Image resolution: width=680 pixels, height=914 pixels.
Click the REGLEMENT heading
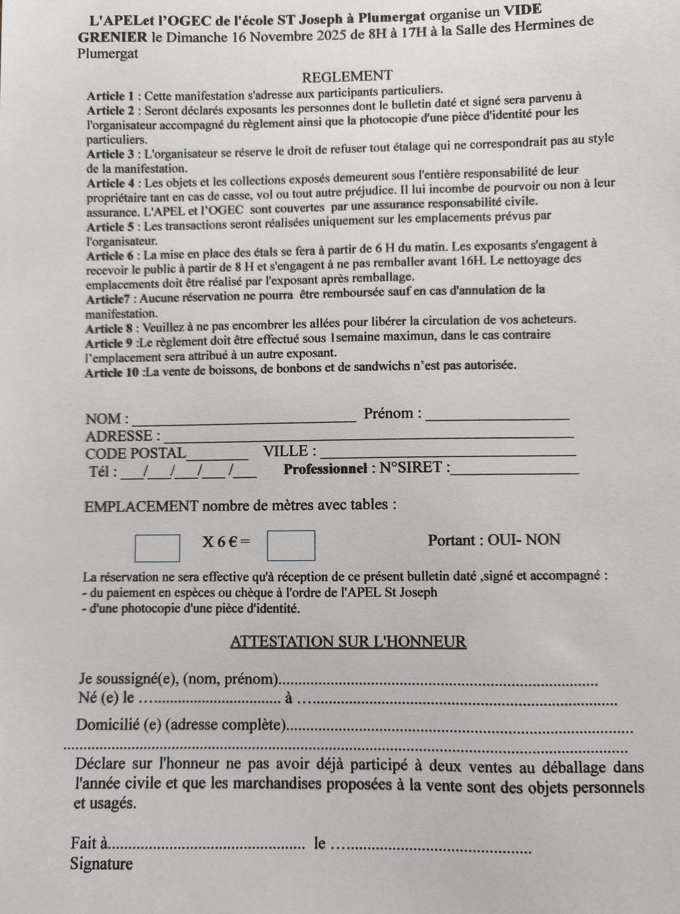pyautogui.click(x=347, y=77)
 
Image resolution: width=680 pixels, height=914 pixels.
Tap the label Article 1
pyautogui.click(x=110, y=96)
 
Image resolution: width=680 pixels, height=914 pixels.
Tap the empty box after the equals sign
pyautogui.click(x=291, y=545)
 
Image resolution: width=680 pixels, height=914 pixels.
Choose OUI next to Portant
pyautogui.click(x=500, y=540)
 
